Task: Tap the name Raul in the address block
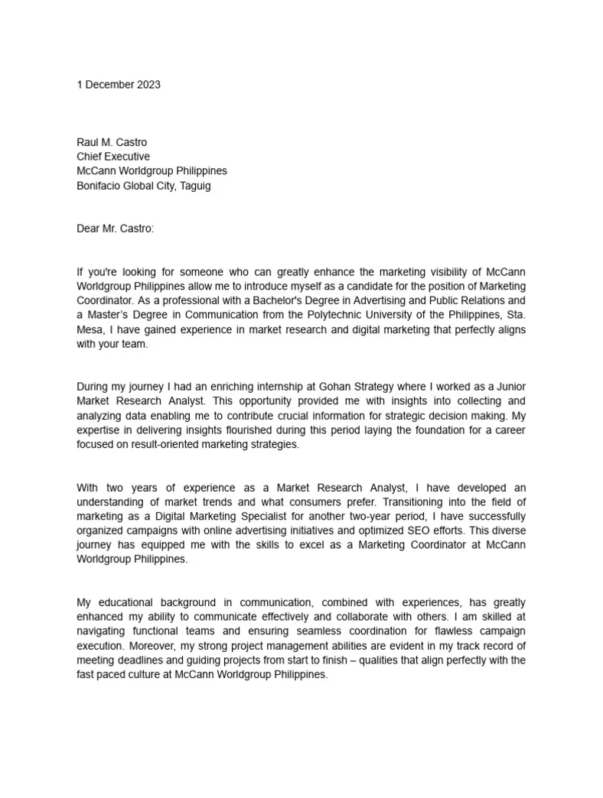[x=88, y=142]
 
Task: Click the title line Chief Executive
[x=113, y=157]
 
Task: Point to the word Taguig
[x=195, y=186]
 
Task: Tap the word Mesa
[x=90, y=329]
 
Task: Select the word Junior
[x=508, y=387]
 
